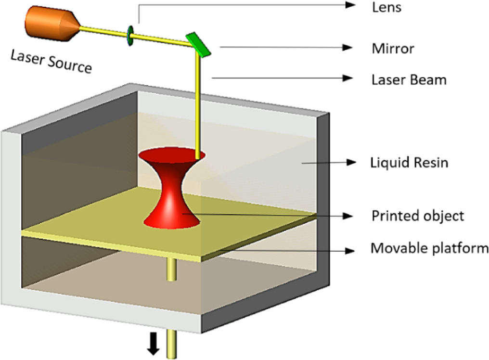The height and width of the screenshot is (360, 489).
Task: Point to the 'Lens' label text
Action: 386,7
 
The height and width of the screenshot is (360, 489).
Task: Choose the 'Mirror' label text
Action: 393,49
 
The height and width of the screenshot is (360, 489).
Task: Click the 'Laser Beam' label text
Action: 409,79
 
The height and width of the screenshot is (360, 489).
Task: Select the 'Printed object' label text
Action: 417,216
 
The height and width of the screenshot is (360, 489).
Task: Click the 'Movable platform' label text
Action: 429,249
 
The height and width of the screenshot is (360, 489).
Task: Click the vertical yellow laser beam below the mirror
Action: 197,106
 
